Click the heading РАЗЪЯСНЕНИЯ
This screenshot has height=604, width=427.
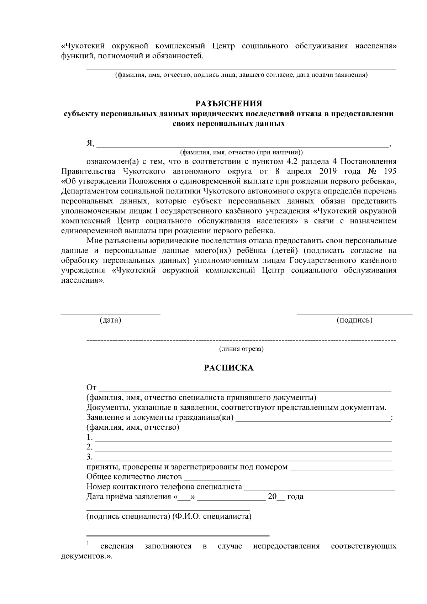click(x=229, y=104)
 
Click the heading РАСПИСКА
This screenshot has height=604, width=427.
click(x=228, y=368)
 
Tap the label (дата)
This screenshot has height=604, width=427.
click(x=110, y=320)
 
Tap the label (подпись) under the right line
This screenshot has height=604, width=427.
click(x=354, y=320)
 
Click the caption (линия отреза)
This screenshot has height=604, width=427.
click(x=241, y=349)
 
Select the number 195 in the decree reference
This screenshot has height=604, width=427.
click(x=390, y=171)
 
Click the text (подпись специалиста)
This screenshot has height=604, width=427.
click(x=128, y=516)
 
